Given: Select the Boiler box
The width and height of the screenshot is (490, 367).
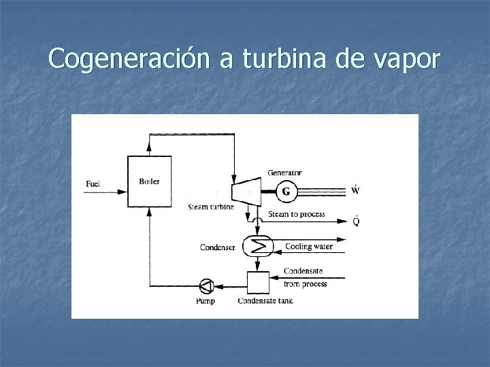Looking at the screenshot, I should [x=150, y=181].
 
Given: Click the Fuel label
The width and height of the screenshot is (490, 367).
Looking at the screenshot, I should [x=94, y=183].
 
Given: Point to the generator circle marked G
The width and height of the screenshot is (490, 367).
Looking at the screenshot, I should [x=286, y=192].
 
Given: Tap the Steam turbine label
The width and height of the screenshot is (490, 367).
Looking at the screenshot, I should [x=212, y=207].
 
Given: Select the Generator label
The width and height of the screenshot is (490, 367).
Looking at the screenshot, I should [x=284, y=173].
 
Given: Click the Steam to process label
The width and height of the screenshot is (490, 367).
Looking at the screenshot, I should [x=297, y=215].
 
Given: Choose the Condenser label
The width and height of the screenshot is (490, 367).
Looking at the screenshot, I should [x=218, y=247].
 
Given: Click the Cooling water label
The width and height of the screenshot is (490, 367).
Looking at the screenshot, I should [x=308, y=247].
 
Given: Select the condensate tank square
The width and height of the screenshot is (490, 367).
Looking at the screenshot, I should [x=257, y=282].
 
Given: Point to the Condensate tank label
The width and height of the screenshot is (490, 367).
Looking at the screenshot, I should [x=265, y=301].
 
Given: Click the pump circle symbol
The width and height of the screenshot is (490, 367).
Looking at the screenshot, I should [x=206, y=285].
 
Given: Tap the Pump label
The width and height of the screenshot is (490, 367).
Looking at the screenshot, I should [x=205, y=301].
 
